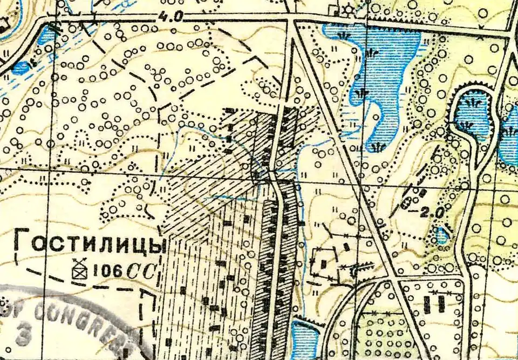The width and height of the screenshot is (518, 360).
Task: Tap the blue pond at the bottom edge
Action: [x=303, y=340]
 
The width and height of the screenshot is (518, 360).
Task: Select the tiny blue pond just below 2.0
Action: [x=442, y=235]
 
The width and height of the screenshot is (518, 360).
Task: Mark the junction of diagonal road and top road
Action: [x=292, y=19]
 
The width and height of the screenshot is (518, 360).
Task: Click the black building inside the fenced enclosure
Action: [x=324, y=263]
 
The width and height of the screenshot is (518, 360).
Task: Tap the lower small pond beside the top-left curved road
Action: [x=22, y=68]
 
